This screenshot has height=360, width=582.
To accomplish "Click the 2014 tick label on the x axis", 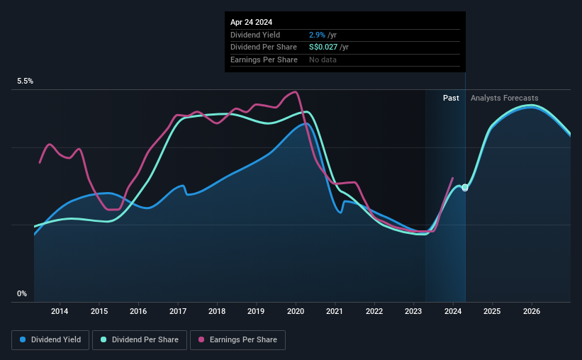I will [60, 311].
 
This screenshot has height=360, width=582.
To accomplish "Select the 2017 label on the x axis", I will [178, 311].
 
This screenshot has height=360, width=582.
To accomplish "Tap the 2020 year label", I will [296, 311].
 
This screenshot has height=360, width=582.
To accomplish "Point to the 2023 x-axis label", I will [414, 311].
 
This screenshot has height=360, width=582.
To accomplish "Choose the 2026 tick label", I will [532, 311].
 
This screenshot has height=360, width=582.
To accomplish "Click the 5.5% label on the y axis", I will [26, 81].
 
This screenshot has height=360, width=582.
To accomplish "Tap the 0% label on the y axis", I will [22, 293].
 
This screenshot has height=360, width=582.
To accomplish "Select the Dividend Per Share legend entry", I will [140, 340].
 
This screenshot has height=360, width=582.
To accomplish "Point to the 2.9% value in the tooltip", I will [316, 35].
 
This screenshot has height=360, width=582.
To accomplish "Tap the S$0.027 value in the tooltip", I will [323, 47].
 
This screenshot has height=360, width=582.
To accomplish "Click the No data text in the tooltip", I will [323, 60].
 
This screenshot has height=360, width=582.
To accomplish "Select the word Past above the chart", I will [451, 98].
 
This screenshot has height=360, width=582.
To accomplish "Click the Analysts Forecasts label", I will [504, 98].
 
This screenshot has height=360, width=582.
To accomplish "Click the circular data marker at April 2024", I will [465, 188].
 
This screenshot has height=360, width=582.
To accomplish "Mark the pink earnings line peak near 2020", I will [294, 92].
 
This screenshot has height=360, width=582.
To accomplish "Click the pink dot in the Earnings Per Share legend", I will [201, 340].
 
